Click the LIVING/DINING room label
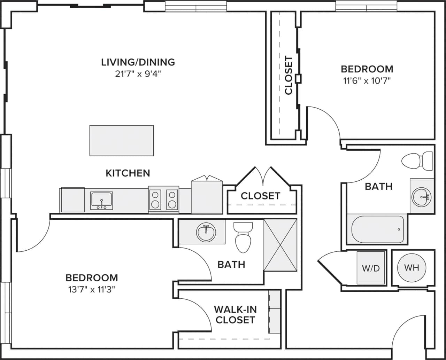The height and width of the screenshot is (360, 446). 138,62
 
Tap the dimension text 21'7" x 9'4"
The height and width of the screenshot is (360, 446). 138,74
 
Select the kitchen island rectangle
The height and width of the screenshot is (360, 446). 121,140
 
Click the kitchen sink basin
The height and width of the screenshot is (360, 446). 101,200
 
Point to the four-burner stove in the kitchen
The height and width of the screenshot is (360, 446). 163,199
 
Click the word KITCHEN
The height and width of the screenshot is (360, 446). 128,173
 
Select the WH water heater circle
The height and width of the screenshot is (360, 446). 412,268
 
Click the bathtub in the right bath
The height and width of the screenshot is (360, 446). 378,229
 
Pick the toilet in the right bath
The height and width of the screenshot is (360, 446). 416,161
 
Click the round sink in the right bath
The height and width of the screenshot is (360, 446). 422,197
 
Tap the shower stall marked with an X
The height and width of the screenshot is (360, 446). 280,245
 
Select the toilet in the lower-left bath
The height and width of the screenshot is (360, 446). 243,238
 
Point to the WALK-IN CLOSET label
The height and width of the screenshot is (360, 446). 234,314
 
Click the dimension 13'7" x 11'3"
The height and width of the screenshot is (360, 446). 92,290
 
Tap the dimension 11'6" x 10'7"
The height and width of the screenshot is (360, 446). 367,81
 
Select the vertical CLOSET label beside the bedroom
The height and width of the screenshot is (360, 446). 289,75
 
